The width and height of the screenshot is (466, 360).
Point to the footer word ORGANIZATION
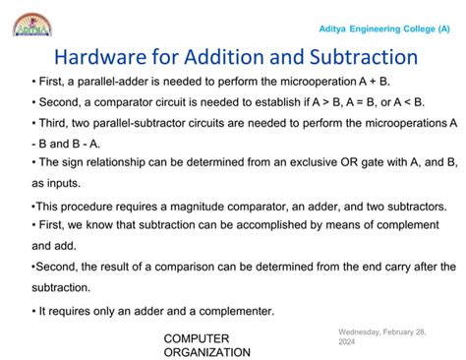click(206, 352)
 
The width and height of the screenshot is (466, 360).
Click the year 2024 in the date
click(347, 342)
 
